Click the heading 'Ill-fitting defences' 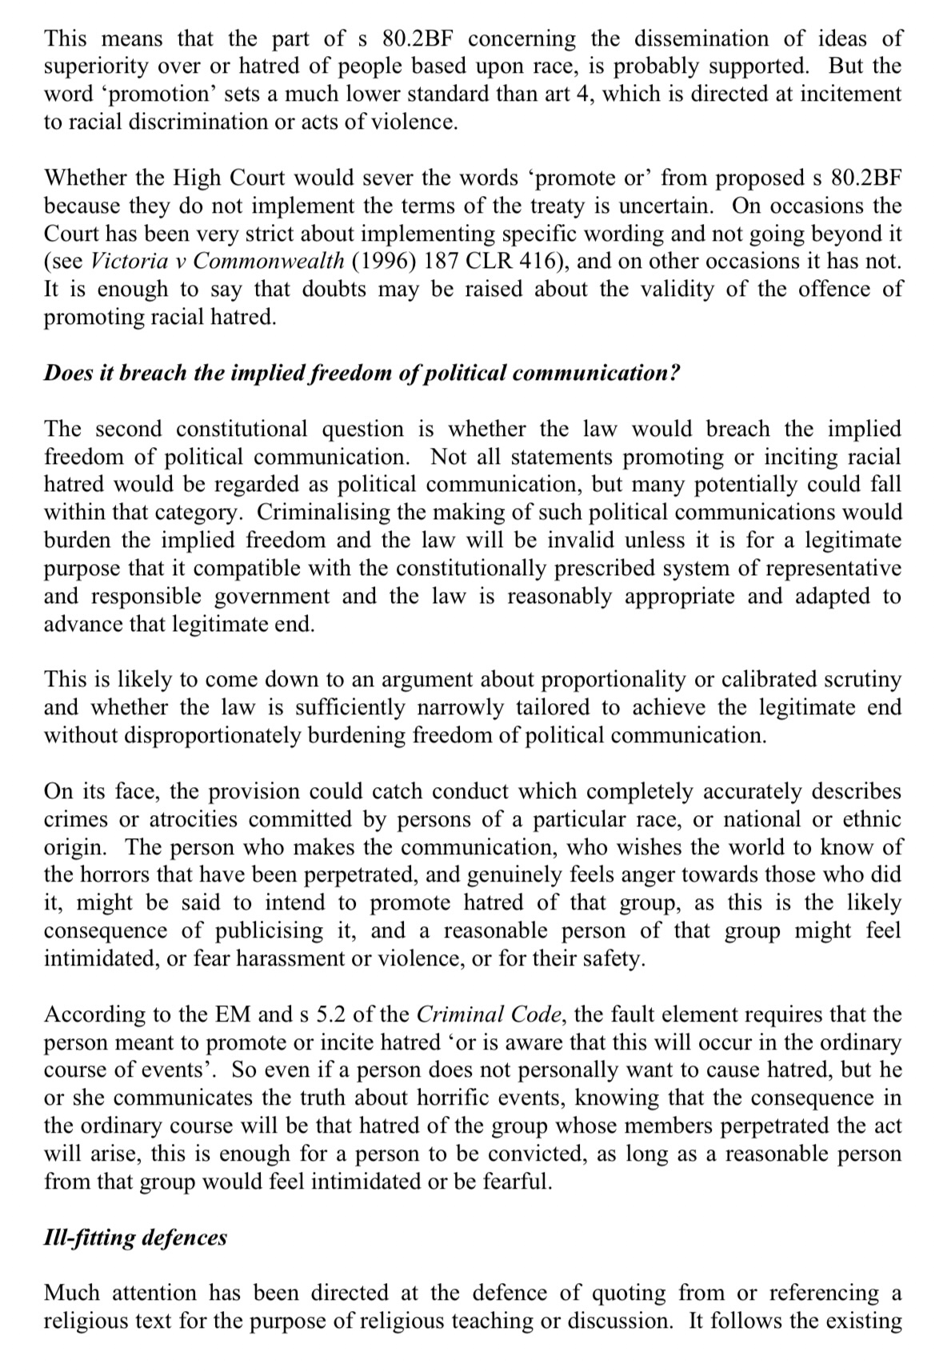[x=135, y=1237]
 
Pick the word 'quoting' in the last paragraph [x=627, y=1293]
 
